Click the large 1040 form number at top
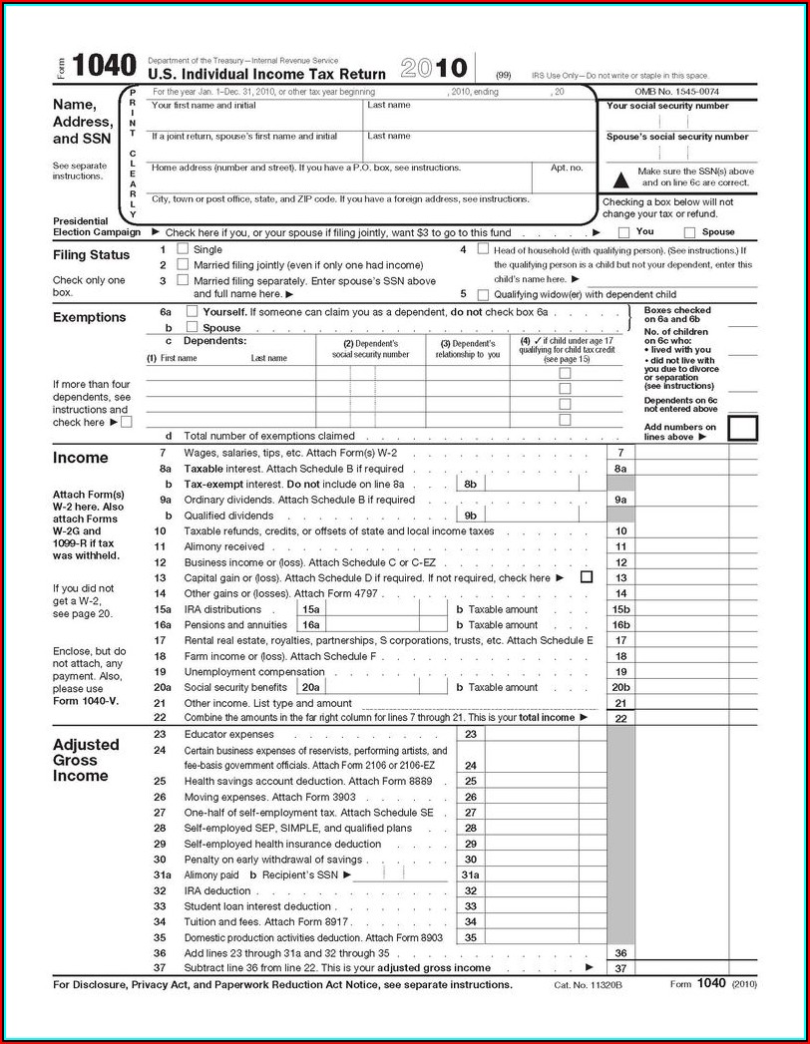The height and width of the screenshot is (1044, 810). coord(105,67)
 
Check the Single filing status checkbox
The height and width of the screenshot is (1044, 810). coord(183,248)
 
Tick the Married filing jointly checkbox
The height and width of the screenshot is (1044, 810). coord(183,264)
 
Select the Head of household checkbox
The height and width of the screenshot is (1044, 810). coord(484,249)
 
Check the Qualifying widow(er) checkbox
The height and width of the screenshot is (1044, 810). coord(484,294)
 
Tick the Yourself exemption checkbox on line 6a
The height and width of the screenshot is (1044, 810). coord(193,312)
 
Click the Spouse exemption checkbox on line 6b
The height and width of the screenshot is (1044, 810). coord(193,327)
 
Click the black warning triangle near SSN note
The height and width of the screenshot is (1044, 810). coord(620,177)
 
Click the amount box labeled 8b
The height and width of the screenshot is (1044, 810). coord(472,484)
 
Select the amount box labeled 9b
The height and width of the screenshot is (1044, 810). coord(472,516)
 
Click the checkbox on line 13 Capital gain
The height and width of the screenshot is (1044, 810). coord(586,577)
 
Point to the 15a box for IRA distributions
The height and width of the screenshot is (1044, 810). coord(310,609)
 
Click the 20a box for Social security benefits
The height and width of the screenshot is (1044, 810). coord(310,687)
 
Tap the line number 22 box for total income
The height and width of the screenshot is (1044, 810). coord(620,718)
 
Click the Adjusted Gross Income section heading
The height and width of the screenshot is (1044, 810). coord(86,760)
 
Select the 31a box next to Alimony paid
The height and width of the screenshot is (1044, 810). coord(471,874)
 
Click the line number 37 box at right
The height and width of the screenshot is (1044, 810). coord(620,968)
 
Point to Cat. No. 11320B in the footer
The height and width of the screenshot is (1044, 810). coord(588,985)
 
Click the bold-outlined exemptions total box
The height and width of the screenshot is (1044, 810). coord(743,429)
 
